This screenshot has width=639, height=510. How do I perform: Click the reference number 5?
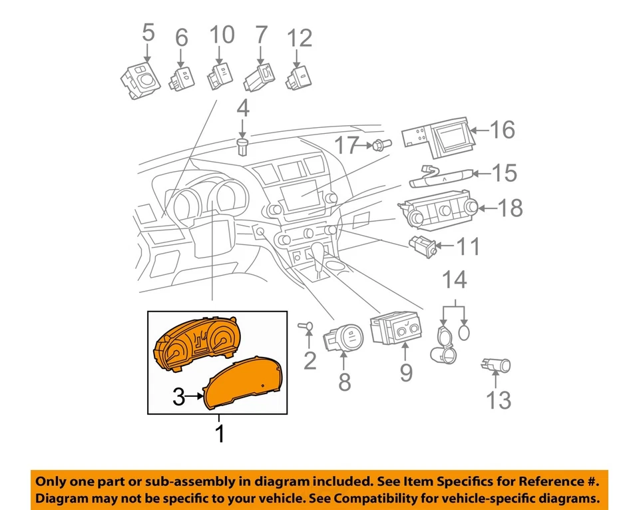pos(148,33)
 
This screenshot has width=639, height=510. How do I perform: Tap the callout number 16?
pos(503,130)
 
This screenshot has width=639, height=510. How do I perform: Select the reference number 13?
pos(499,400)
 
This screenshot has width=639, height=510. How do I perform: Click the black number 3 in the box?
pos(178,397)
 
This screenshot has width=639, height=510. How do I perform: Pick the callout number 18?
pos(511,208)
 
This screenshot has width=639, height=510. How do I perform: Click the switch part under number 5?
pos(140,81)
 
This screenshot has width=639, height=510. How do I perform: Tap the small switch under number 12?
pos(299,79)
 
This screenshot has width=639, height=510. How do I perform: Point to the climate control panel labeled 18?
pos(438,208)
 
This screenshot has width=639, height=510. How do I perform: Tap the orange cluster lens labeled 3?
pos(243,382)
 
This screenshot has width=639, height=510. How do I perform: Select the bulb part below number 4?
pos(243,146)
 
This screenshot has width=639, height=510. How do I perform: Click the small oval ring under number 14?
pos(464,332)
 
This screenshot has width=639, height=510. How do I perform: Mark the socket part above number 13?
pos(496,365)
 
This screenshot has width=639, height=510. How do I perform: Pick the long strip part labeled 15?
pos(442,177)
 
